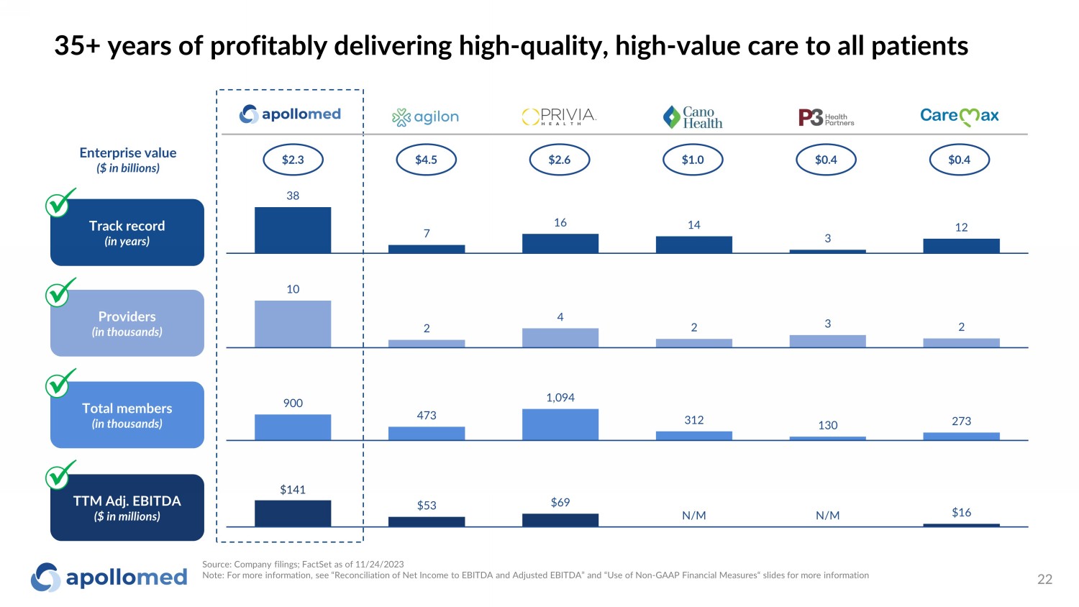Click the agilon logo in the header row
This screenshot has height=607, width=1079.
[425, 117]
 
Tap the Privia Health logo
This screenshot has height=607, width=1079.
[559, 117]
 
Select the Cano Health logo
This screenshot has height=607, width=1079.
[693, 117]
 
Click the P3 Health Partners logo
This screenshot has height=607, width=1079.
[826, 117]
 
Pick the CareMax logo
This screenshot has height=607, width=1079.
[959, 116]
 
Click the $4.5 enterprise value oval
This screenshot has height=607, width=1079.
[427, 160]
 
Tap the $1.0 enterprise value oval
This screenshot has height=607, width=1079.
[693, 160]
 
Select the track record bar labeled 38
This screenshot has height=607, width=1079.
[293, 230]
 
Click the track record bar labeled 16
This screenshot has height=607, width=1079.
[560, 243]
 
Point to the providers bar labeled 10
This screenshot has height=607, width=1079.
[293, 324]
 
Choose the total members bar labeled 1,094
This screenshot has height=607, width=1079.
[560, 424]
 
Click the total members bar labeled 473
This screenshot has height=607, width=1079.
[427, 433]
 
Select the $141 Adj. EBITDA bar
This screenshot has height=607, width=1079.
[293, 514]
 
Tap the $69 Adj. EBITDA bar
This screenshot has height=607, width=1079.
[560, 520]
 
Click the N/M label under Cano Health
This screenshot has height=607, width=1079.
[694, 516]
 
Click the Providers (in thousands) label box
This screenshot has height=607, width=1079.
[127, 323]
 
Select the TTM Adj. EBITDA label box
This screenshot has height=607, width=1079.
[127, 507]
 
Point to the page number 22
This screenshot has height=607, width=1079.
[1044, 580]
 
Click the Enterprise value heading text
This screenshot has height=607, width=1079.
[128, 152]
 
